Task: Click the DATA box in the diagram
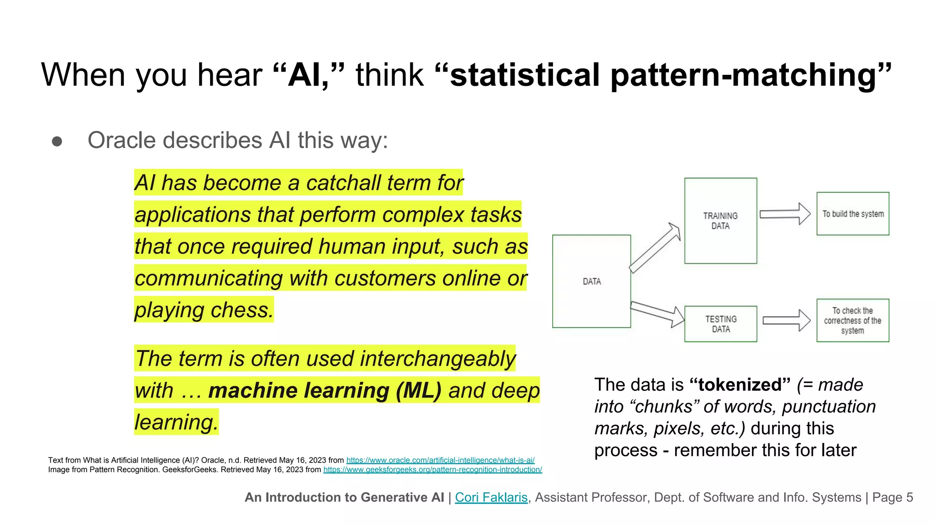(591, 281)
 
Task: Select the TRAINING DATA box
(720, 221)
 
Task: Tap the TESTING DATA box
(720, 324)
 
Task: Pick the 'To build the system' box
(852, 214)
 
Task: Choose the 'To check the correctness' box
(852, 320)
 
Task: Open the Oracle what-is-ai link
(440, 460)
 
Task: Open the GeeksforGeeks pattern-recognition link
(432, 469)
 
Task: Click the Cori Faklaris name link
(491, 497)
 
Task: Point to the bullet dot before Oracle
(57, 141)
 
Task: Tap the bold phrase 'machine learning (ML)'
(325, 390)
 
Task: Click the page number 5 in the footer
(909, 497)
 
